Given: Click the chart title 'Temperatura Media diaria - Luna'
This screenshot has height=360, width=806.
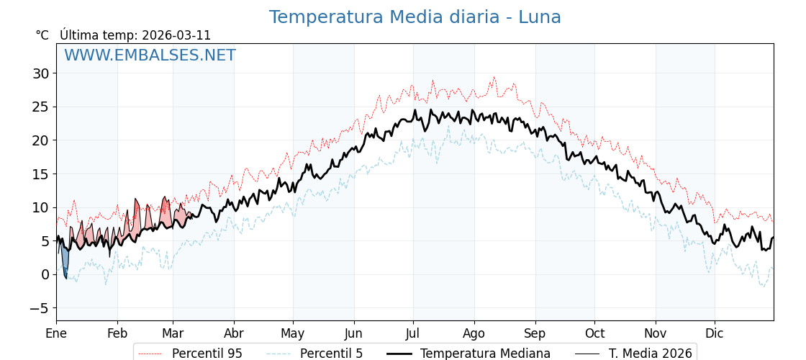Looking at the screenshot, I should (x=415, y=17).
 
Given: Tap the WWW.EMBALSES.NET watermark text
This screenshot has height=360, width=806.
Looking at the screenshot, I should (x=150, y=55).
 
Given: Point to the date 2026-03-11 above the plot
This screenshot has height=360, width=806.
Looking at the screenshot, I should (x=176, y=35).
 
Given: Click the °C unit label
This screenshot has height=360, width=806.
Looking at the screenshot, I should (x=42, y=35).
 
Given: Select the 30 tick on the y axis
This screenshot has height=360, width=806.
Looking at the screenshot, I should (x=40, y=73).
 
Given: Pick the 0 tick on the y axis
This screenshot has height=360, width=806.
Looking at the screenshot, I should (x=45, y=274).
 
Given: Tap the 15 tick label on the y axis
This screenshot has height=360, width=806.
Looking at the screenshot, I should (x=40, y=174).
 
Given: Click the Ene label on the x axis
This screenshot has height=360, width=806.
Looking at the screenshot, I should (x=56, y=333).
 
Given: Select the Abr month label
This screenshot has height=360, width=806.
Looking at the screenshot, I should (x=234, y=333).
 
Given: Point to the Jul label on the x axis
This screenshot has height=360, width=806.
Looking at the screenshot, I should (x=413, y=333).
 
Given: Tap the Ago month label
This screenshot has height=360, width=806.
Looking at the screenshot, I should (x=474, y=333).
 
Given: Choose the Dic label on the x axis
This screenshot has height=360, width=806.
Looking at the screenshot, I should (x=715, y=333).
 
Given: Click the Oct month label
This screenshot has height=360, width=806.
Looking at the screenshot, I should (x=594, y=333).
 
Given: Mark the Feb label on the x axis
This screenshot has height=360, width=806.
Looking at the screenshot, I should (x=117, y=333).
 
